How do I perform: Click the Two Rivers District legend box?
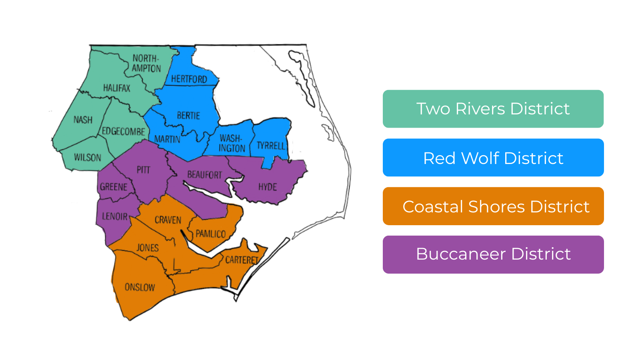tap(493, 109)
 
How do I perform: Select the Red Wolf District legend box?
tap(493, 158)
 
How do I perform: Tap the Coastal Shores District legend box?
tap(493, 206)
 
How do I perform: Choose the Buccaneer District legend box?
tap(493, 254)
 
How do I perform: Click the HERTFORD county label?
tap(189, 79)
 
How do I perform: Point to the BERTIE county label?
tap(188, 116)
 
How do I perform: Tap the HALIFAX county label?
tap(116, 88)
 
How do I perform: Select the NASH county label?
tap(83, 120)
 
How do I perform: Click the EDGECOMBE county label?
tap(123, 131)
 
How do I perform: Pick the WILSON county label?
tap(88, 157)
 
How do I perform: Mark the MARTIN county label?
tap(167, 139)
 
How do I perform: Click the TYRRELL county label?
tap(271, 146)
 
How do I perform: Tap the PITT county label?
tap(143, 170)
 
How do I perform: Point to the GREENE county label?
tap(114, 187)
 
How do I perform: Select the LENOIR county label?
tap(115, 216)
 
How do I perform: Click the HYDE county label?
tap(267, 187)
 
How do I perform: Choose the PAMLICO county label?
tap(211, 234)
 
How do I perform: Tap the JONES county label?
tap(148, 248)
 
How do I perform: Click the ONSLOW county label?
tap(140, 287)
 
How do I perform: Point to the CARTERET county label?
tap(242, 260)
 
